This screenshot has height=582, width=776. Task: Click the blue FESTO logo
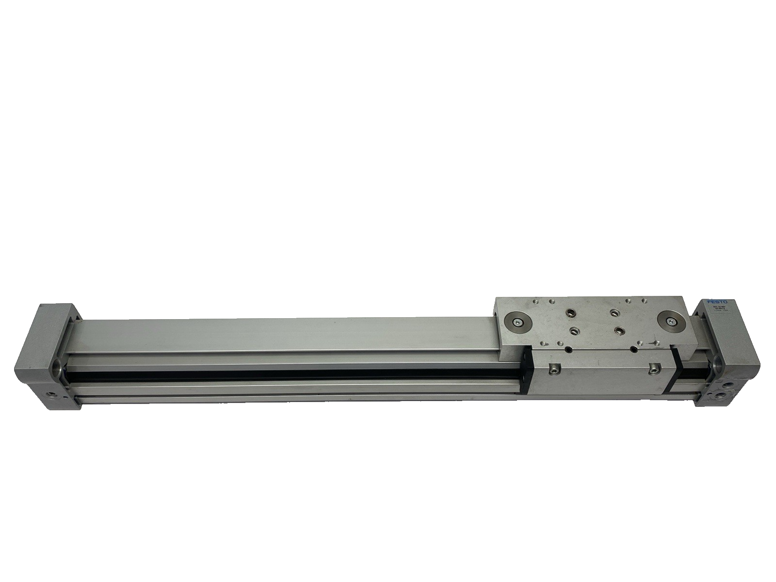pyautogui.click(x=719, y=302)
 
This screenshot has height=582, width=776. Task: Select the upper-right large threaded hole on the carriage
pyautogui.click(x=614, y=313)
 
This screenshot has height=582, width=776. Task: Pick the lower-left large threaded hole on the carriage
pyautogui.click(x=575, y=330)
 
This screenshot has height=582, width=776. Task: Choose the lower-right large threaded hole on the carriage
pyautogui.click(x=620, y=331)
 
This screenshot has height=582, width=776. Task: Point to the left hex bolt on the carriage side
pyautogui.click(x=552, y=370)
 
